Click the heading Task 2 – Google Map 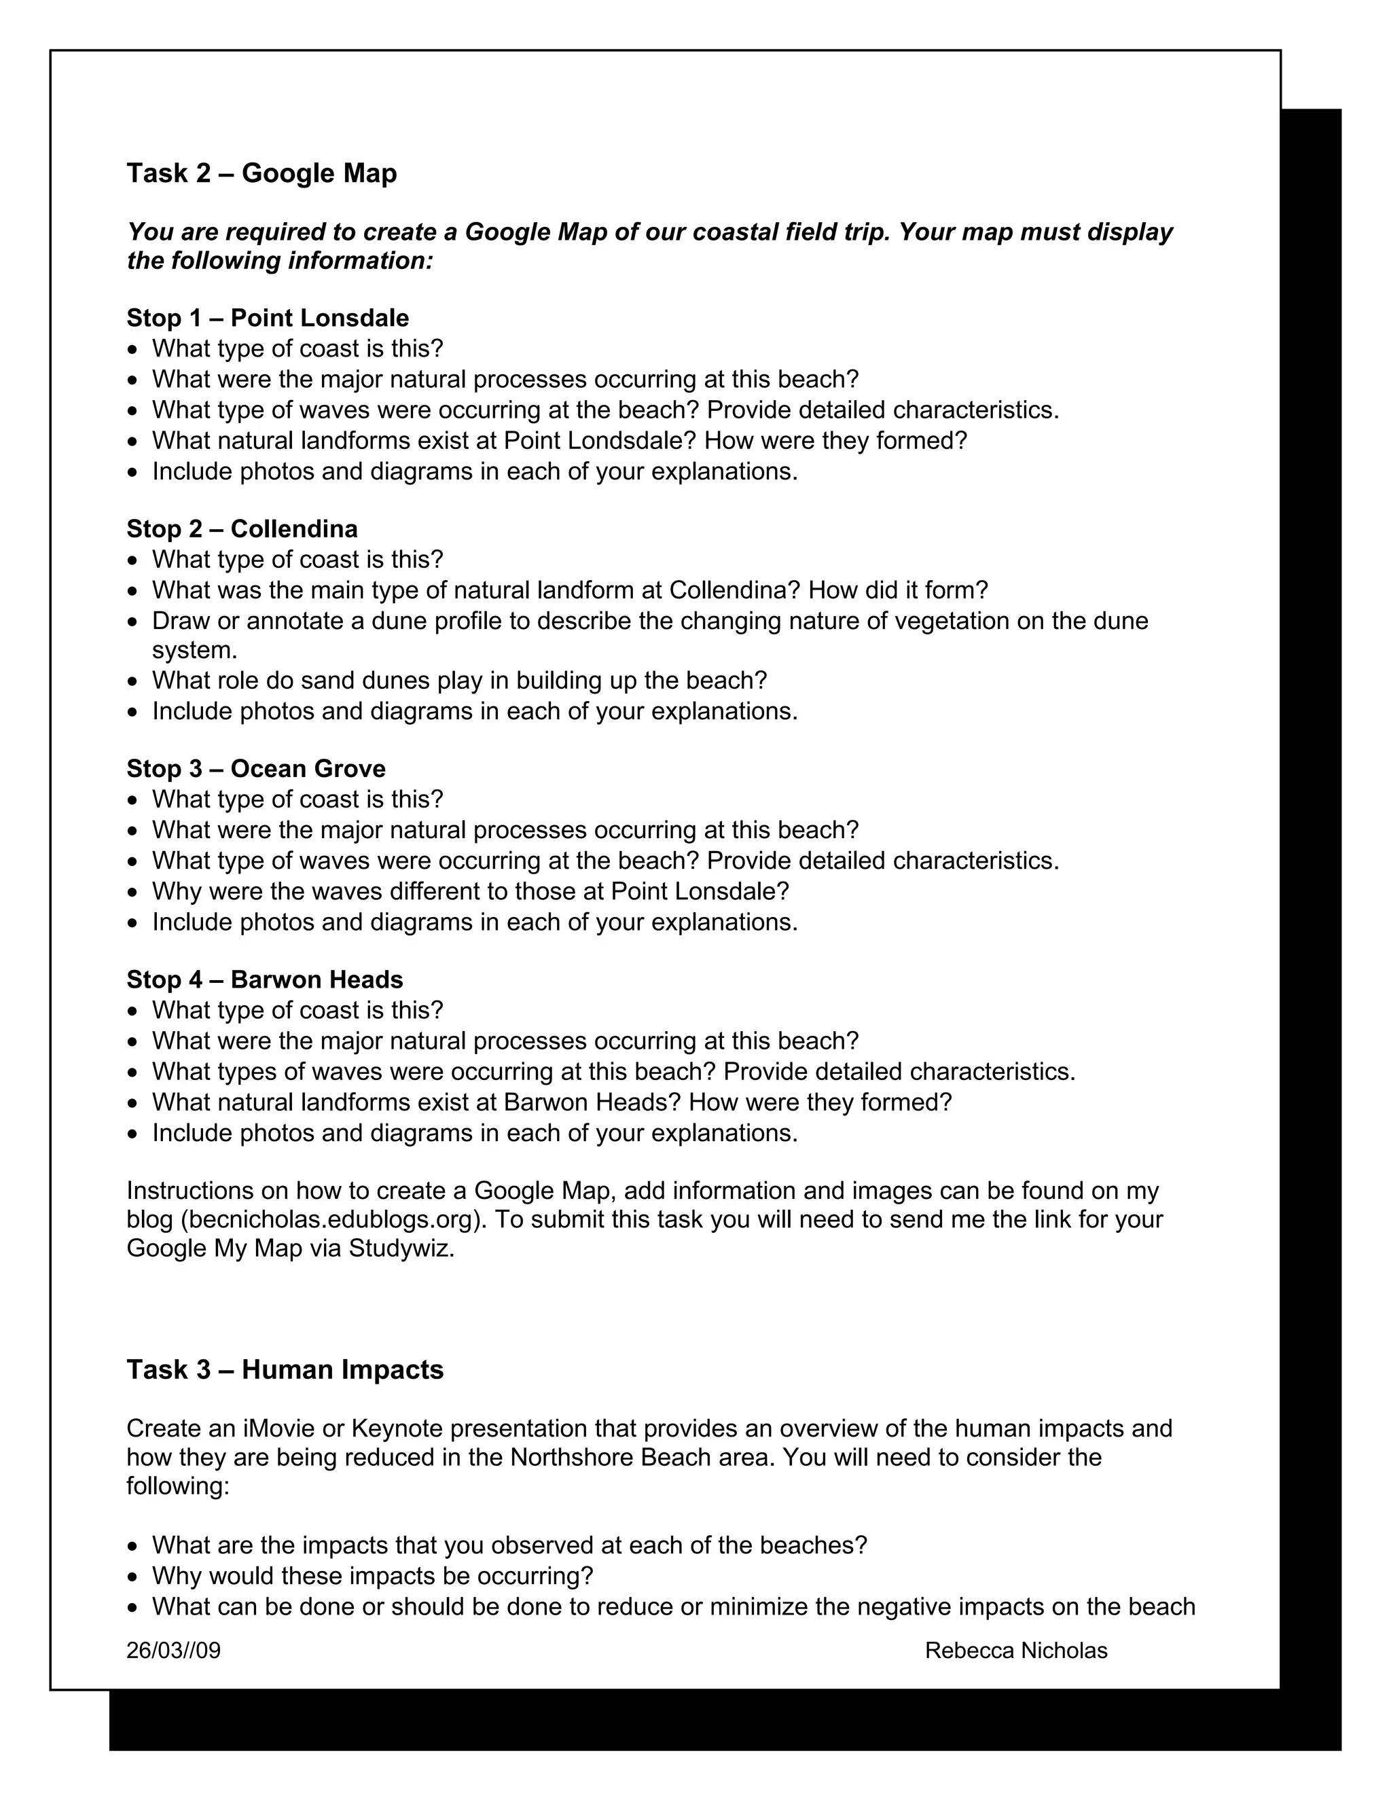(261, 173)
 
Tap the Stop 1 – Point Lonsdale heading (267, 317)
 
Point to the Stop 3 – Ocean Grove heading (255, 768)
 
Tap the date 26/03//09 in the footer (173, 1650)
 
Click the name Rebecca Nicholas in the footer (1015, 1650)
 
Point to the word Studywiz (401, 1248)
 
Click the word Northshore (571, 1457)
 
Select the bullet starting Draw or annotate (649, 621)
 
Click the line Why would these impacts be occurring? (372, 1576)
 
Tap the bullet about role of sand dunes (459, 681)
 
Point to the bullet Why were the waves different (470, 891)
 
